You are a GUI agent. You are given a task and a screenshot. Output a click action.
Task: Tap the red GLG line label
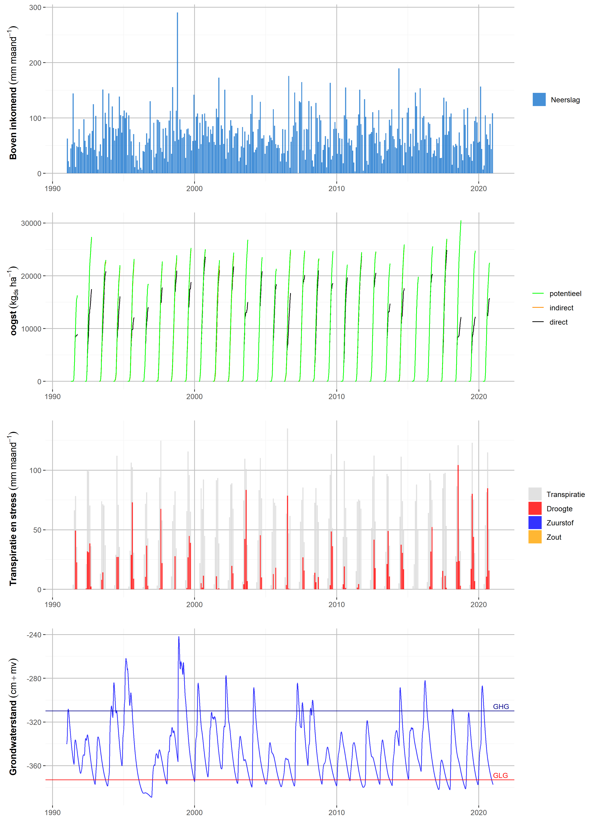(500, 775)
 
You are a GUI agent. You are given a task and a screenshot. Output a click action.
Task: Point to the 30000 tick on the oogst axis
(31, 223)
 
